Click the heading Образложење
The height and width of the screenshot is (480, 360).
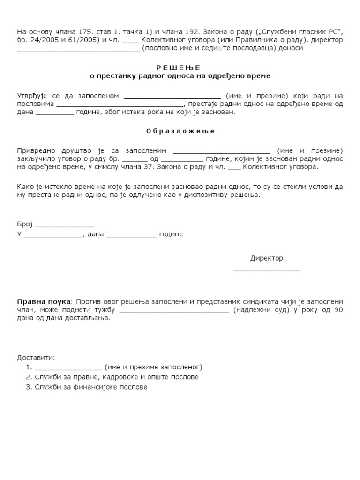pyautogui.click(x=180, y=131)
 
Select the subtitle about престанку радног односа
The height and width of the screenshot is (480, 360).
pyautogui.click(x=180, y=75)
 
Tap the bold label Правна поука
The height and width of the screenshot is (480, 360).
pyautogui.click(x=44, y=301)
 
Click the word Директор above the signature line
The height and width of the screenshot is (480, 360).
pyautogui.click(x=266, y=258)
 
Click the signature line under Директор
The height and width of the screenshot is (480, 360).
pyautogui.click(x=267, y=270)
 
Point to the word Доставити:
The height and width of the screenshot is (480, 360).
pyautogui.click(x=36, y=357)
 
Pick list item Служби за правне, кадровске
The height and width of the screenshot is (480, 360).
pyautogui.click(x=112, y=377)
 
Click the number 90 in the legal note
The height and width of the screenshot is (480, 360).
pyautogui.click(x=338, y=310)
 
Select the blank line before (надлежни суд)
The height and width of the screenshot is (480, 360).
pyautogui.click(x=174, y=311)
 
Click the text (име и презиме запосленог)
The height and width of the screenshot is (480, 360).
pyautogui.click(x=153, y=367)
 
